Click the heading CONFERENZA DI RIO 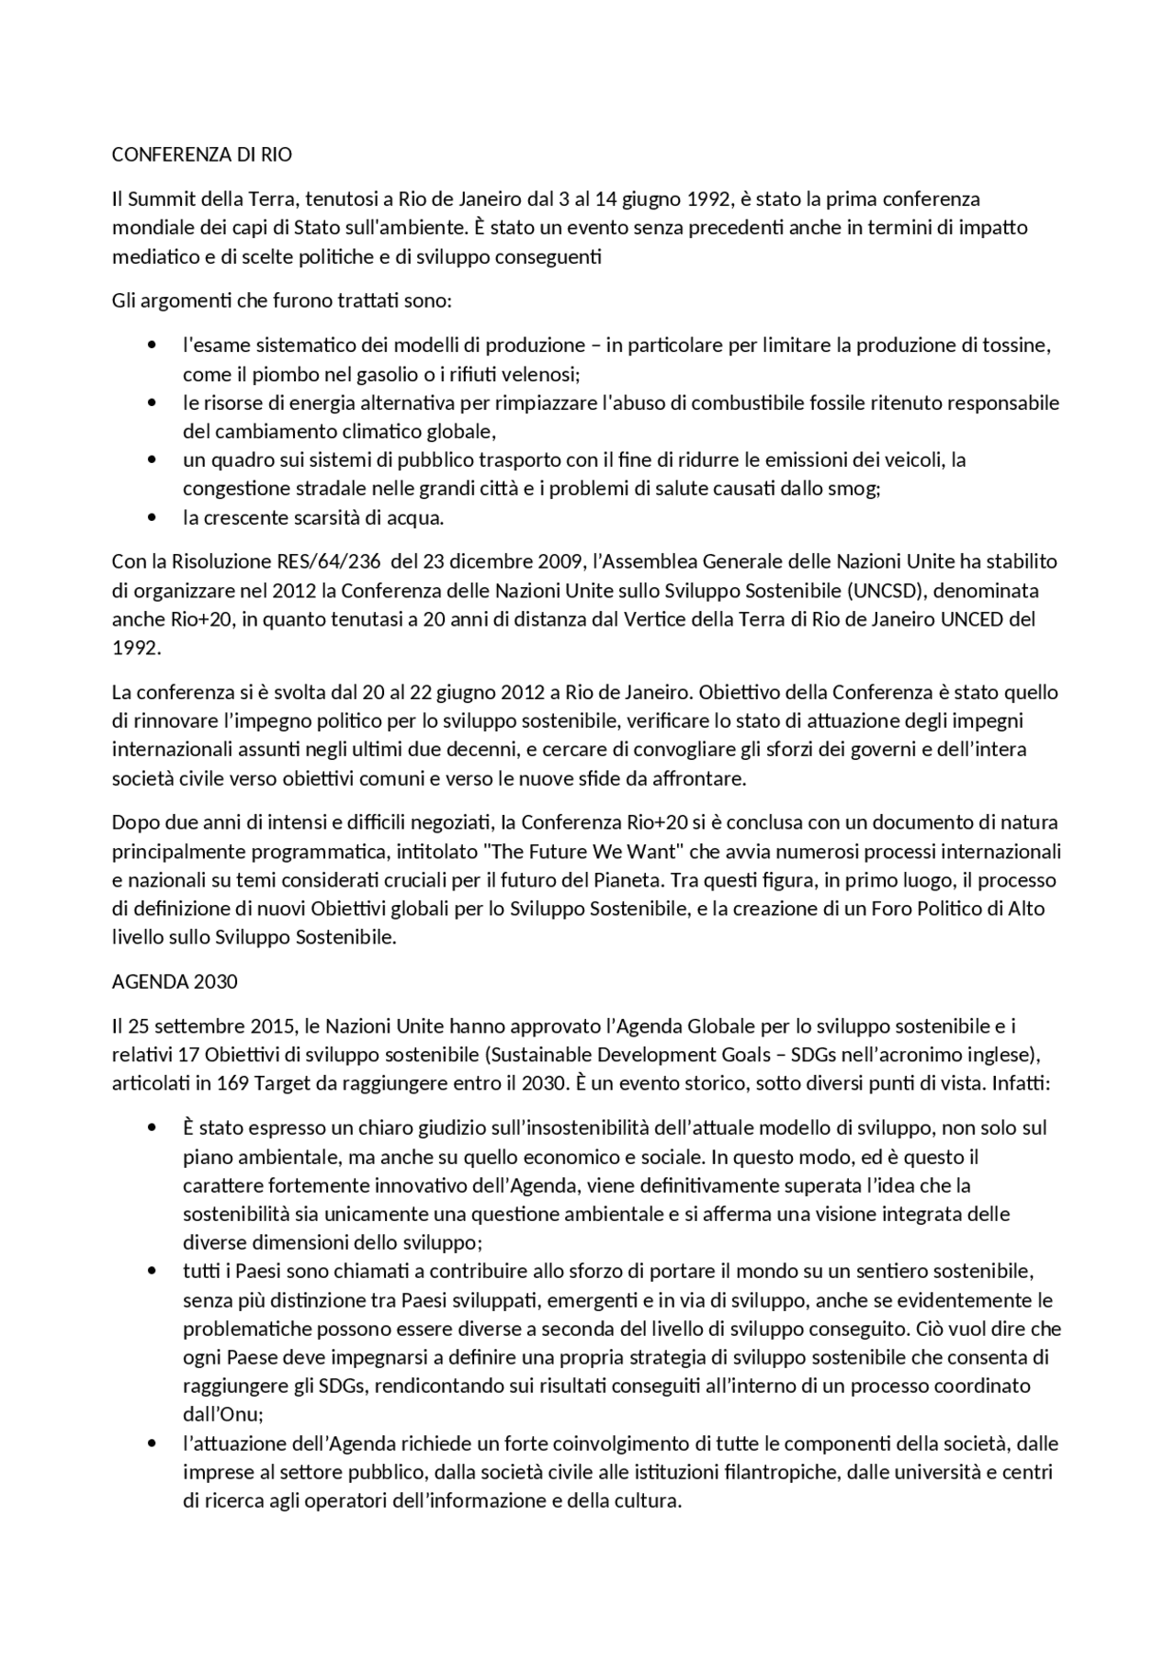pyautogui.click(x=201, y=155)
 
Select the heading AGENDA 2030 pyautogui.click(x=175, y=981)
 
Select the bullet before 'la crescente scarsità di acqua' pyautogui.click(x=152, y=518)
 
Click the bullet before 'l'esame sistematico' pyautogui.click(x=152, y=346)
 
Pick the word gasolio pyautogui.click(x=354, y=375)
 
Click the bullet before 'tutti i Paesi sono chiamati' pyautogui.click(x=152, y=1272)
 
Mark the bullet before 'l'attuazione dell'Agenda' pyautogui.click(x=152, y=1443)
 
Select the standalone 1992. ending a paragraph pyautogui.click(x=136, y=648)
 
